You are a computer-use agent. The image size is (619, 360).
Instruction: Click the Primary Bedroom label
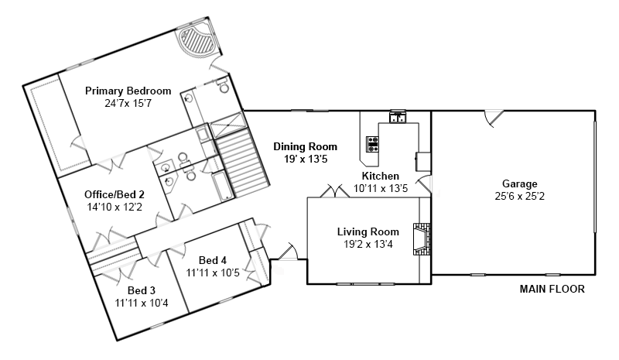128,91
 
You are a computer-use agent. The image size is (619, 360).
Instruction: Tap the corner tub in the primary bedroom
197,40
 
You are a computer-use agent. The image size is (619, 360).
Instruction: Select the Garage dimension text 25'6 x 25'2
519,197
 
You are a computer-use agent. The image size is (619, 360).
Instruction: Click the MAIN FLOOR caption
552,290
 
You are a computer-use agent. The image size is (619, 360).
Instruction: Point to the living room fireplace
422,239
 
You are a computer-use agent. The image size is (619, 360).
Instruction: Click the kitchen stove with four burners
372,144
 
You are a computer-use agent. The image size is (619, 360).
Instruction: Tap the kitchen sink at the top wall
398,118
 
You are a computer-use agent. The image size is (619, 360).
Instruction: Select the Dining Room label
306,146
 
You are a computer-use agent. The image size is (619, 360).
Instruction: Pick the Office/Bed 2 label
115,194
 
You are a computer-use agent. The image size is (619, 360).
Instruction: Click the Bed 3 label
142,291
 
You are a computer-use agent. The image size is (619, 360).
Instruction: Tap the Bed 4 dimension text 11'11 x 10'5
213,273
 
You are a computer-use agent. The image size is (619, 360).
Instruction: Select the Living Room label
368,231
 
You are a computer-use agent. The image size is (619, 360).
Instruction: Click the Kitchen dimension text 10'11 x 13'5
381,188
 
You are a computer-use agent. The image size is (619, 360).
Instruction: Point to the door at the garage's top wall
494,118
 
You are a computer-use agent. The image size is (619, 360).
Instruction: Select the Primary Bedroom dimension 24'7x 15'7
128,104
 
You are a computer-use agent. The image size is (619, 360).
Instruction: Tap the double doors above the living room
335,191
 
